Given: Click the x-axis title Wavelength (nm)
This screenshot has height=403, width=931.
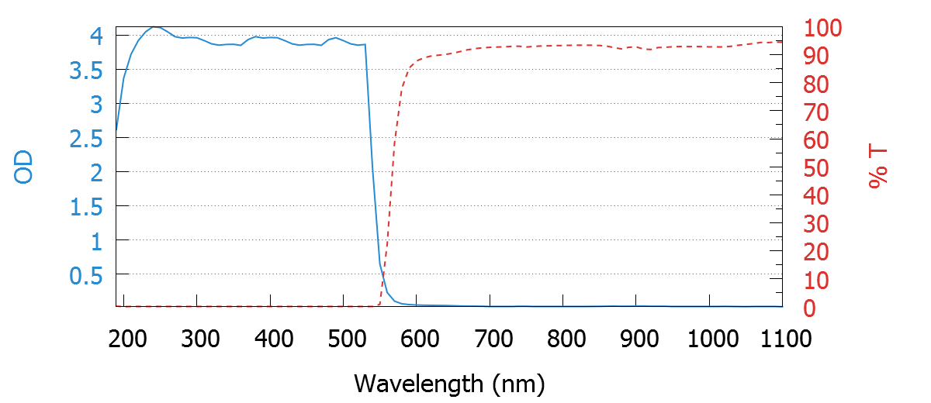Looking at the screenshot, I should coord(449,383).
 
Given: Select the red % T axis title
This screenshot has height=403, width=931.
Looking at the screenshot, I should coord(878,167).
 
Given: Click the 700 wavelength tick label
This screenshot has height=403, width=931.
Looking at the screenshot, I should coord(493,339).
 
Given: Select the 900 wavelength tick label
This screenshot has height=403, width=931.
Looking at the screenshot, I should coord(639,339).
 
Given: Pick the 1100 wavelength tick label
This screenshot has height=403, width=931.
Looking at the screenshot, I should coord(782,339).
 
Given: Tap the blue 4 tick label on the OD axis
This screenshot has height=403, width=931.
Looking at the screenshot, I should coord(96,35).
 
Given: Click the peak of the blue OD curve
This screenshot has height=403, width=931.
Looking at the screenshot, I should coord(155,27).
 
